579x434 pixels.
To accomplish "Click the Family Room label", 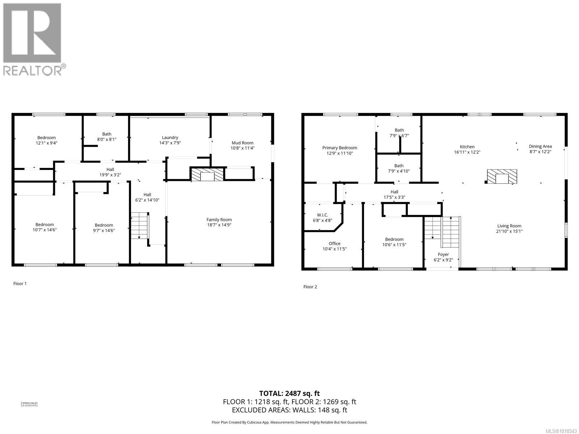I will tap(219, 220).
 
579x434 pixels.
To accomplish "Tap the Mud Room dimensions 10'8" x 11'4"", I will tap(242, 148).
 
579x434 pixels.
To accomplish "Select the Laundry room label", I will tap(170, 137).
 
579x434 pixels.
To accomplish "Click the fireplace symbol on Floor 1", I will tap(207, 175).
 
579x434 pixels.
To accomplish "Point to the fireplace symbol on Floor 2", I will tap(502, 177).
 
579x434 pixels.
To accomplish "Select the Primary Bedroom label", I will tap(339, 148).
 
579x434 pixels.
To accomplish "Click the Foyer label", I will tap(443, 255).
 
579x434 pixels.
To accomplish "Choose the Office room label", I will tap(334, 243).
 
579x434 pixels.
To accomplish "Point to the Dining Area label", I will tap(540, 146).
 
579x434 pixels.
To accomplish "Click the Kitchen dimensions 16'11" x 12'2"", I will tap(467, 152).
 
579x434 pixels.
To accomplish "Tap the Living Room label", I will tap(509, 226).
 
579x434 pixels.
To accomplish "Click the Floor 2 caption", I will tap(310, 287).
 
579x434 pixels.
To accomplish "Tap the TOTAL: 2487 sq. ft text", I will tap(289, 393).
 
